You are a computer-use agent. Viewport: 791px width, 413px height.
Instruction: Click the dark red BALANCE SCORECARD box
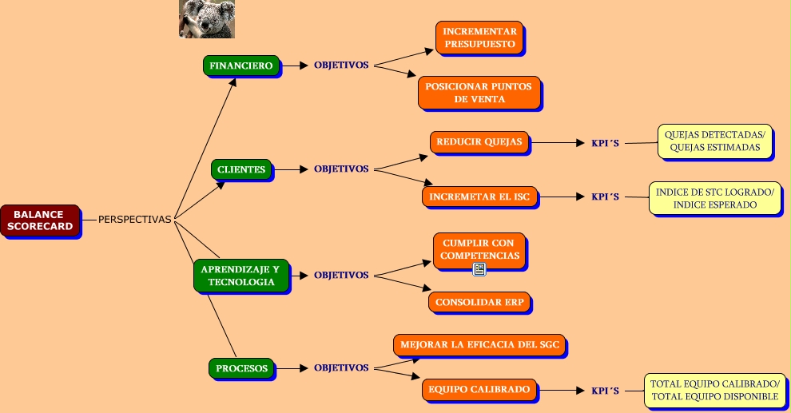tap(41, 220)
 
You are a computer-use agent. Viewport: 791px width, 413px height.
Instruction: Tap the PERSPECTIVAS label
tap(134, 220)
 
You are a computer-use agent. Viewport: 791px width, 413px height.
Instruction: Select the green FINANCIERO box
tap(240, 66)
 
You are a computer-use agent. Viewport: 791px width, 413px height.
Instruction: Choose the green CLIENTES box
tap(241, 169)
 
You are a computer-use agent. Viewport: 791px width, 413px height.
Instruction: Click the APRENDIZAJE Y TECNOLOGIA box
tap(240, 275)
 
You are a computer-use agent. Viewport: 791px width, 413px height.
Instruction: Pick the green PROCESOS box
tap(242, 368)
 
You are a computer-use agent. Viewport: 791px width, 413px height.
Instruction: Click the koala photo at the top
tap(206, 18)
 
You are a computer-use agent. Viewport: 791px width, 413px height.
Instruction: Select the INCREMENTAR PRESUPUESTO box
tap(479, 38)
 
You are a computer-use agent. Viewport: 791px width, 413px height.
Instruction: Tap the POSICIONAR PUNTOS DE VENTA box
tap(478, 92)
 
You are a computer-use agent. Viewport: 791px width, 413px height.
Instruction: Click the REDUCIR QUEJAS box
tap(479, 142)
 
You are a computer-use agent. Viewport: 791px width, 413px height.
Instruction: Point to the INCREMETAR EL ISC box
tap(479, 196)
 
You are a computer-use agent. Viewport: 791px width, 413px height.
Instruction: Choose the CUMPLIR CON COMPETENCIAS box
tap(479, 249)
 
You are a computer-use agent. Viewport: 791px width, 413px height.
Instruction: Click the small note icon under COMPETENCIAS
tap(479, 270)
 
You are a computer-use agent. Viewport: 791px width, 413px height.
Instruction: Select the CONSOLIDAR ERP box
tap(479, 302)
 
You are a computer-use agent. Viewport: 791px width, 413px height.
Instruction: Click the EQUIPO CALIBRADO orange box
tap(479, 389)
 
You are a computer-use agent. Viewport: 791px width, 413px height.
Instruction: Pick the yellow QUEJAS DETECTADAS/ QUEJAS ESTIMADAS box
tap(714, 141)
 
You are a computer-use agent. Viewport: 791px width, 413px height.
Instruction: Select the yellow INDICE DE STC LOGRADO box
tap(713, 197)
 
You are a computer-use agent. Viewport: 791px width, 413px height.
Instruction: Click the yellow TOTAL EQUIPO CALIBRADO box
tap(713, 390)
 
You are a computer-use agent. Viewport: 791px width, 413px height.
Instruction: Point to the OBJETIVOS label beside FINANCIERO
tap(341, 66)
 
